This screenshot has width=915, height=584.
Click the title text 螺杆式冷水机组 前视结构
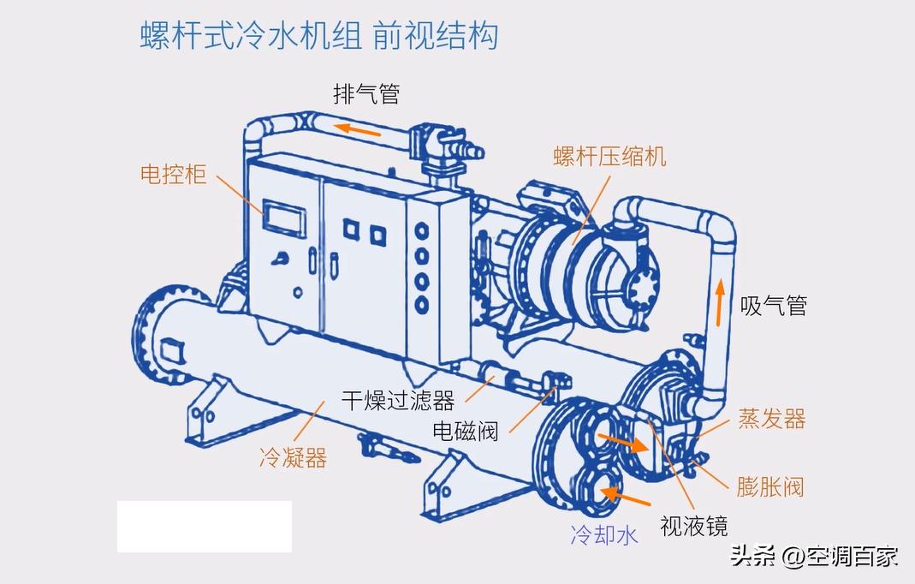coord(318,36)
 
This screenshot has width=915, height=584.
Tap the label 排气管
coord(366,93)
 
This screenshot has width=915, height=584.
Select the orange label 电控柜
coord(174,175)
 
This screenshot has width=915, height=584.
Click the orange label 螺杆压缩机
coord(609,156)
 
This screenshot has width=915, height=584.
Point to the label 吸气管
coord(774,306)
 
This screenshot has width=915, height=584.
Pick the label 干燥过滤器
coord(398,400)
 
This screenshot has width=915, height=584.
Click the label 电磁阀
coord(466,430)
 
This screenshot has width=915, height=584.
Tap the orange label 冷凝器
coord(293,458)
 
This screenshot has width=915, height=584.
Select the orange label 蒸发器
coord(771,419)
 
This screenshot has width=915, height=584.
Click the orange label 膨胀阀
coord(770,487)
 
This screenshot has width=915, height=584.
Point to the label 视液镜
coord(693,526)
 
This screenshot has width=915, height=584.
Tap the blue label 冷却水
coord(604,536)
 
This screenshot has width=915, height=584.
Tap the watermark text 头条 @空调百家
coord(813,556)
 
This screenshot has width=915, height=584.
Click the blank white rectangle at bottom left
coord(205,527)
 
